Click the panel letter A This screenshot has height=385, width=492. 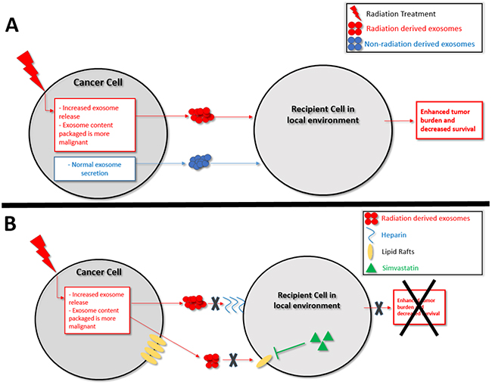[x=13, y=25]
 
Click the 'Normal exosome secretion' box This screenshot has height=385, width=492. [x=101, y=166]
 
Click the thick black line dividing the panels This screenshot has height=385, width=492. [x=246, y=202]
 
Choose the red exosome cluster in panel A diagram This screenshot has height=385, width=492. [x=201, y=115]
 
